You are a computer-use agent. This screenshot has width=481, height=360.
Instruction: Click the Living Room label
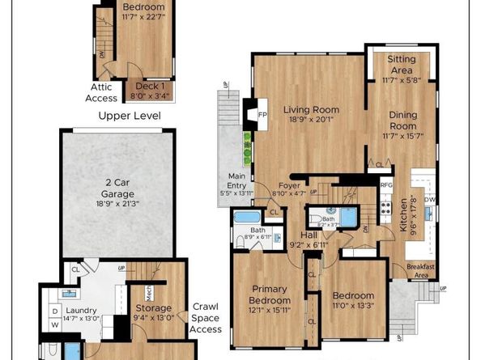pos(311,110)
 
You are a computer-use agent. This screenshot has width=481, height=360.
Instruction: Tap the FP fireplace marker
pos(262,114)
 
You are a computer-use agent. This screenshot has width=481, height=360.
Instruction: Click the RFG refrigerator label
pos(386,184)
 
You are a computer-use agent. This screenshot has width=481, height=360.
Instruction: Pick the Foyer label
pos(289,185)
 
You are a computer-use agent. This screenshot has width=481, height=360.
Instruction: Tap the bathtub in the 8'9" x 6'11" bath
pos(245,218)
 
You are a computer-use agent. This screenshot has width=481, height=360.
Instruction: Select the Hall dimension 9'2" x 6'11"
pos(309,244)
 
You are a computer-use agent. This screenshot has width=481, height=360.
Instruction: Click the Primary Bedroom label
pos(270,294)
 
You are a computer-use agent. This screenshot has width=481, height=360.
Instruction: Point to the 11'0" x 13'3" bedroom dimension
pos(353,306)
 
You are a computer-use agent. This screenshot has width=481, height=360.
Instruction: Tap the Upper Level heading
pos(130,116)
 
